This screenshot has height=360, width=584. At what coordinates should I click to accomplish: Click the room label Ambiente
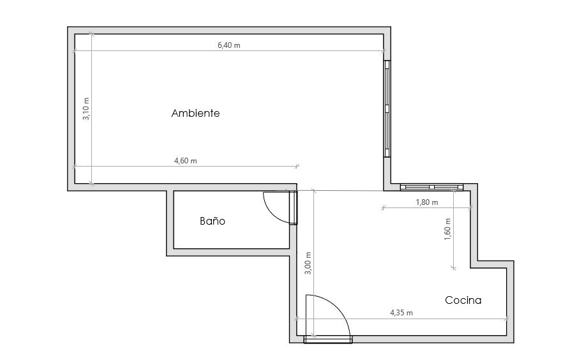195,113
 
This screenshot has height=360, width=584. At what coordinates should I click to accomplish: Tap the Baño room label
213,221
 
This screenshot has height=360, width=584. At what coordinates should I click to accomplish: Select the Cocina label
463,300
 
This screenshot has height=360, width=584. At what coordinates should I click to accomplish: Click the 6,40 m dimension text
229,45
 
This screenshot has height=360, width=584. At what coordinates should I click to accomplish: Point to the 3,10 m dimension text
86,109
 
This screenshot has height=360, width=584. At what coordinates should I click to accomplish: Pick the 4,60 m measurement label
186,161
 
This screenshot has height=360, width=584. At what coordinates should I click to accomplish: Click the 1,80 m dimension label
427,202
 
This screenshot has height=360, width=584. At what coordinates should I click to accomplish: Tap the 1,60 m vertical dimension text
447,229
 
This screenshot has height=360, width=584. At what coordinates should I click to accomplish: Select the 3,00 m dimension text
308,263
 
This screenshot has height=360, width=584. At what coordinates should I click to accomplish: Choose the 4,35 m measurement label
401,313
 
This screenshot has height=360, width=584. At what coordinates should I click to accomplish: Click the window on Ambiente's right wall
387,109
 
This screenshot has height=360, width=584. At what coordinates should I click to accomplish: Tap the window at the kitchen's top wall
431,187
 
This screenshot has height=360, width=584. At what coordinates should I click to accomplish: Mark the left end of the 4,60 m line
74,167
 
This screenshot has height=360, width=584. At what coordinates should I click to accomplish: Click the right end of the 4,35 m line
507,319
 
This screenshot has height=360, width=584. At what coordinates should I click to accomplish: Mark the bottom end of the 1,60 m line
453,267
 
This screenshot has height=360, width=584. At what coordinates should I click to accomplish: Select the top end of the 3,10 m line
92,34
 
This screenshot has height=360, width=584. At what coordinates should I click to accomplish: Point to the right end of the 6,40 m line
384,51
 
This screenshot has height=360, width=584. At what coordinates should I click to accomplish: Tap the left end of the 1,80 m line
383,207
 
